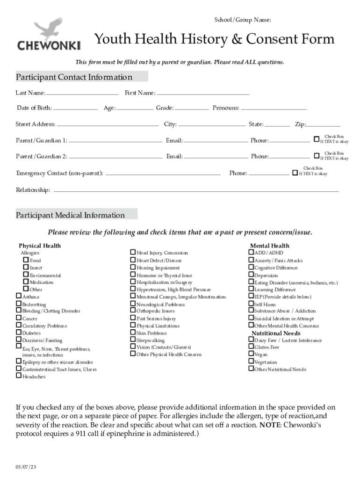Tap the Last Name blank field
point(82,93)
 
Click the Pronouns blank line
point(274,109)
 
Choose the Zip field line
point(323,125)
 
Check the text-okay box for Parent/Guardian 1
point(317,139)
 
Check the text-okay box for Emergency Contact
point(295,173)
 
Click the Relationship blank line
point(196,191)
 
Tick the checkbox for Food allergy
point(26,260)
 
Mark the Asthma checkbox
point(19,296)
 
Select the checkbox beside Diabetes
point(19,333)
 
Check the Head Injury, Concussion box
point(133,253)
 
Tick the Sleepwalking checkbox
point(133,340)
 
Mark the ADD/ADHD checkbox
point(251,253)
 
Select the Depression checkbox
point(251,276)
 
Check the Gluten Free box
point(251,347)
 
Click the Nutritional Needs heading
point(276,333)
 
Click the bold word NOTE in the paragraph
point(270,425)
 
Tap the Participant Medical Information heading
point(70,215)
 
